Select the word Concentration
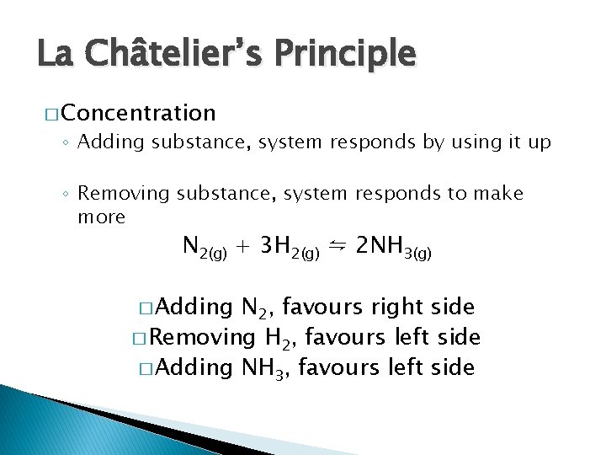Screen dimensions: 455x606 point(138,113)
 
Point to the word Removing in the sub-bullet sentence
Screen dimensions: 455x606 point(124,194)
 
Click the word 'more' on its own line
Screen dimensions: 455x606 point(101,217)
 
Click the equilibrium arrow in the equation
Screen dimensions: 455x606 point(338,245)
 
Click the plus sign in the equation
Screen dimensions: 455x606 point(244,247)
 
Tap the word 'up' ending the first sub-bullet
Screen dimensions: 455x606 point(540,142)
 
